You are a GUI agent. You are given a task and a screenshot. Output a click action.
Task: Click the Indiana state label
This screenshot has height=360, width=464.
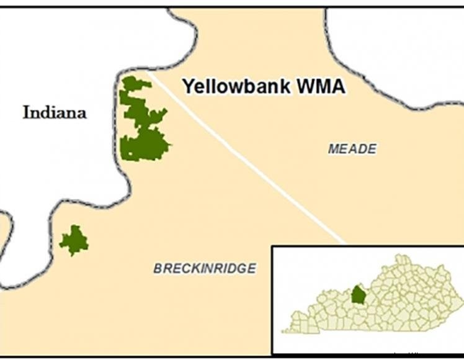tap(55, 112)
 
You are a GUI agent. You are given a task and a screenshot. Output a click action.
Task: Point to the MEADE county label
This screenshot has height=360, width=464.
tap(352, 149)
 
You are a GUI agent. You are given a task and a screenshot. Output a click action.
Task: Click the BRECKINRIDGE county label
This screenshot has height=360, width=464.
tap(205, 268)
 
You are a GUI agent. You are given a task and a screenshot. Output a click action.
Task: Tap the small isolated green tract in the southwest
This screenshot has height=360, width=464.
tap(74, 240)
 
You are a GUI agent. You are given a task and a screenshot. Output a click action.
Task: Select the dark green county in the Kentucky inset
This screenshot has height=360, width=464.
tap(357, 294)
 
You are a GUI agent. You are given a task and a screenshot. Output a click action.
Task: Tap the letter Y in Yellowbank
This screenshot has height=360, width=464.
tap(187, 86)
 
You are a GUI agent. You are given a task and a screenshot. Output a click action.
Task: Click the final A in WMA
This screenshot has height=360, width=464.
tap(338, 86)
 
